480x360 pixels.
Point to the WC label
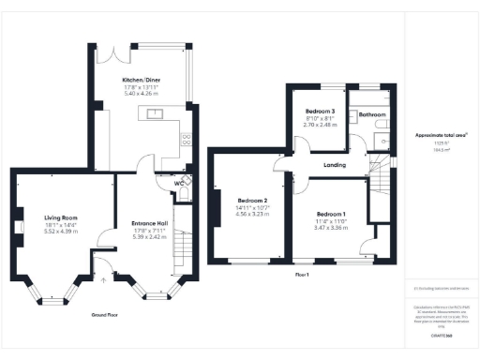[178, 183]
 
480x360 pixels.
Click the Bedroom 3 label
[321, 111]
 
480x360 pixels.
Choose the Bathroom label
[372, 114]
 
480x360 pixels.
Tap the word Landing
[335, 165]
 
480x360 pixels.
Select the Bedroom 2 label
[253, 202]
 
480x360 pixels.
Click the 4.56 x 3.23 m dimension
[253, 215]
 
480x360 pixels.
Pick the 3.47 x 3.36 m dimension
[331, 228]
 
